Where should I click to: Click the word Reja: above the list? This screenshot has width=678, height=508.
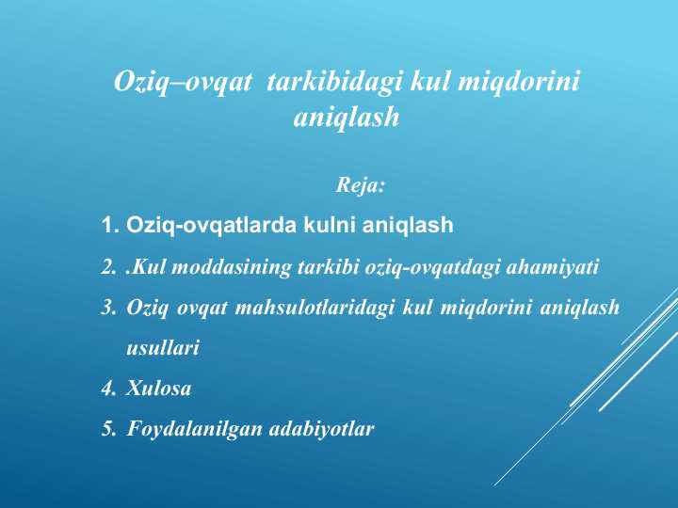(x=361, y=185)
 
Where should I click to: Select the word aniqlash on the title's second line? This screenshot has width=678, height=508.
(x=347, y=119)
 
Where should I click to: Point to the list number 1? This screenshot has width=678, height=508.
(x=108, y=226)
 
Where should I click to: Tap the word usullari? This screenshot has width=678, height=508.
(x=162, y=348)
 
